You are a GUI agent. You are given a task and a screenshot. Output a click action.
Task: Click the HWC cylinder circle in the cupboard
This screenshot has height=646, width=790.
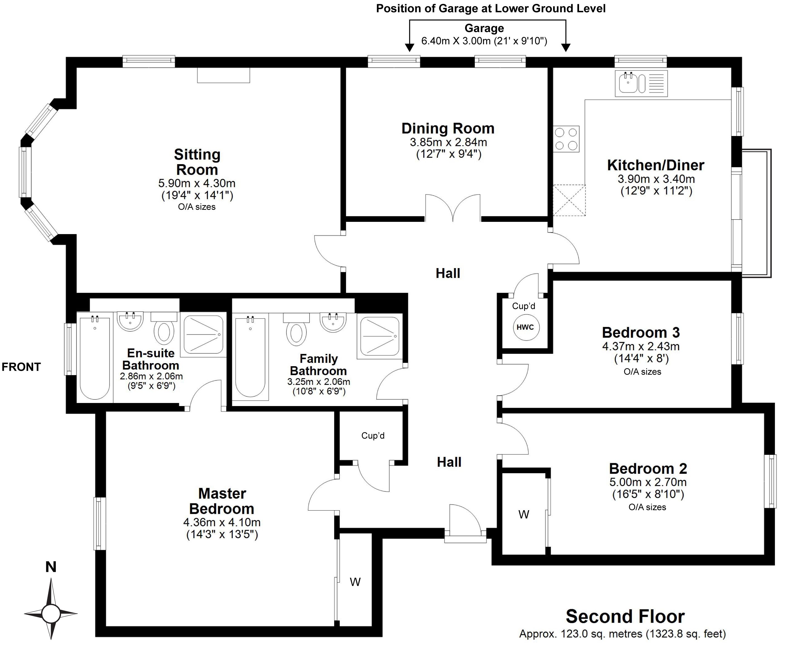click(525, 327)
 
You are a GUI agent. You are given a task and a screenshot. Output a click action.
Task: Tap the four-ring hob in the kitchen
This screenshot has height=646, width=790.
click(566, 139)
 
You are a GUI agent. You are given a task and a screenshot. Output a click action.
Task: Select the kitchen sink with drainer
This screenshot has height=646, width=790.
click(641, 83)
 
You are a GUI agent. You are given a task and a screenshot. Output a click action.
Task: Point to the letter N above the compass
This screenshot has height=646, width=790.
click(51, 567)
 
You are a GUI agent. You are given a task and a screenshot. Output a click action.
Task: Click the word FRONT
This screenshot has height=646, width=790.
click(21, 367)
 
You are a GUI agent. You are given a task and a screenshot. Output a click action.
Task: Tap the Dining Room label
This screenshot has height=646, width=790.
click(448, 128)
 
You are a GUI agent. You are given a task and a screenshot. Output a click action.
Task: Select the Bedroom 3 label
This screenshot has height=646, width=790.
click(641, 332)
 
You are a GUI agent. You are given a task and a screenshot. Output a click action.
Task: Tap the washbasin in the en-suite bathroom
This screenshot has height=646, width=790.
click(130, 321)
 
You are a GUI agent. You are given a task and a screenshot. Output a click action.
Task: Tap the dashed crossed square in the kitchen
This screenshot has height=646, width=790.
click(569, 200)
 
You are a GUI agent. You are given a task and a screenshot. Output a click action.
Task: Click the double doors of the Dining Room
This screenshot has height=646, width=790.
click(453, 208)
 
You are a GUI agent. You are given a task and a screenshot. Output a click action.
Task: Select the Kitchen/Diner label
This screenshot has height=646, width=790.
click(656, 165)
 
